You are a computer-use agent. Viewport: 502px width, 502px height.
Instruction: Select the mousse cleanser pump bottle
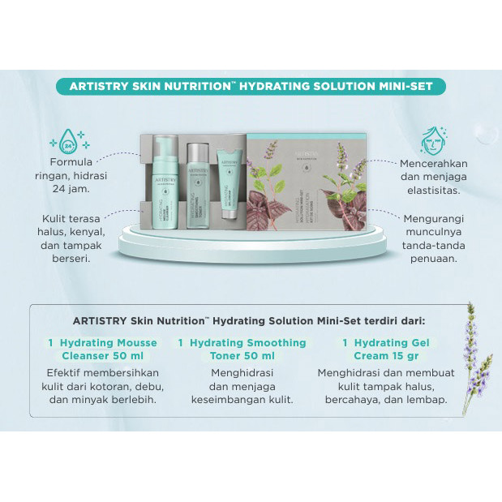point(166,186)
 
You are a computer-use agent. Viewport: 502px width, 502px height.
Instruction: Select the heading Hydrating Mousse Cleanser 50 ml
point(102,349)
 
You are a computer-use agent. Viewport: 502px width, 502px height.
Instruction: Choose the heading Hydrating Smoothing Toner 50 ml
point(242,349)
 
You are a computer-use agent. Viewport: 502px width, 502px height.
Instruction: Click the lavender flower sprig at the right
point(474,357)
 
